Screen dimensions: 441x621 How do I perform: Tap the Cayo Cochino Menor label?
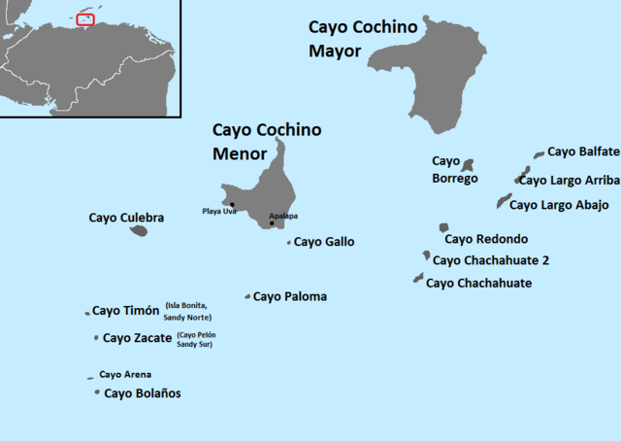(x=267, y=141)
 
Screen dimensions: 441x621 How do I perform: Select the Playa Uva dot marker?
(x=232, y=204)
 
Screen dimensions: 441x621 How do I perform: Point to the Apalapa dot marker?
(x=272, y=223)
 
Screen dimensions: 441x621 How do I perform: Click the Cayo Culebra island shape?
(x=138, y=231)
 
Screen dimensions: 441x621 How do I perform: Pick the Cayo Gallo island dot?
(x=289, y=243)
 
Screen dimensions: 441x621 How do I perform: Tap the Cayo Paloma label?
(x=290, y=296)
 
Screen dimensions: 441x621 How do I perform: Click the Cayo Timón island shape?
(x=87, y=314)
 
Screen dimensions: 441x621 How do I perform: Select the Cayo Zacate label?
(x=138, y=338)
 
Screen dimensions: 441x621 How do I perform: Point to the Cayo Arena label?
(x=125, y=374)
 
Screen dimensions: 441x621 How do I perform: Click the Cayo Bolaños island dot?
(x=97, y=392)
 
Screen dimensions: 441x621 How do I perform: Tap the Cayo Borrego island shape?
(x=467, y=166)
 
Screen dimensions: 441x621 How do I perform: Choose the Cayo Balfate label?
(x=583, y=151)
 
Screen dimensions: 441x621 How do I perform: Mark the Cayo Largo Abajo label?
(x=559, y=204)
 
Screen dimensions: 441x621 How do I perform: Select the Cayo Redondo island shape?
(x=443, y=227)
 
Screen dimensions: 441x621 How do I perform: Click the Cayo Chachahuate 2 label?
(x=491, y=259)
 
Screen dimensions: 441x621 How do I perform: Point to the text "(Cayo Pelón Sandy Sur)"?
(x=195, y=339)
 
